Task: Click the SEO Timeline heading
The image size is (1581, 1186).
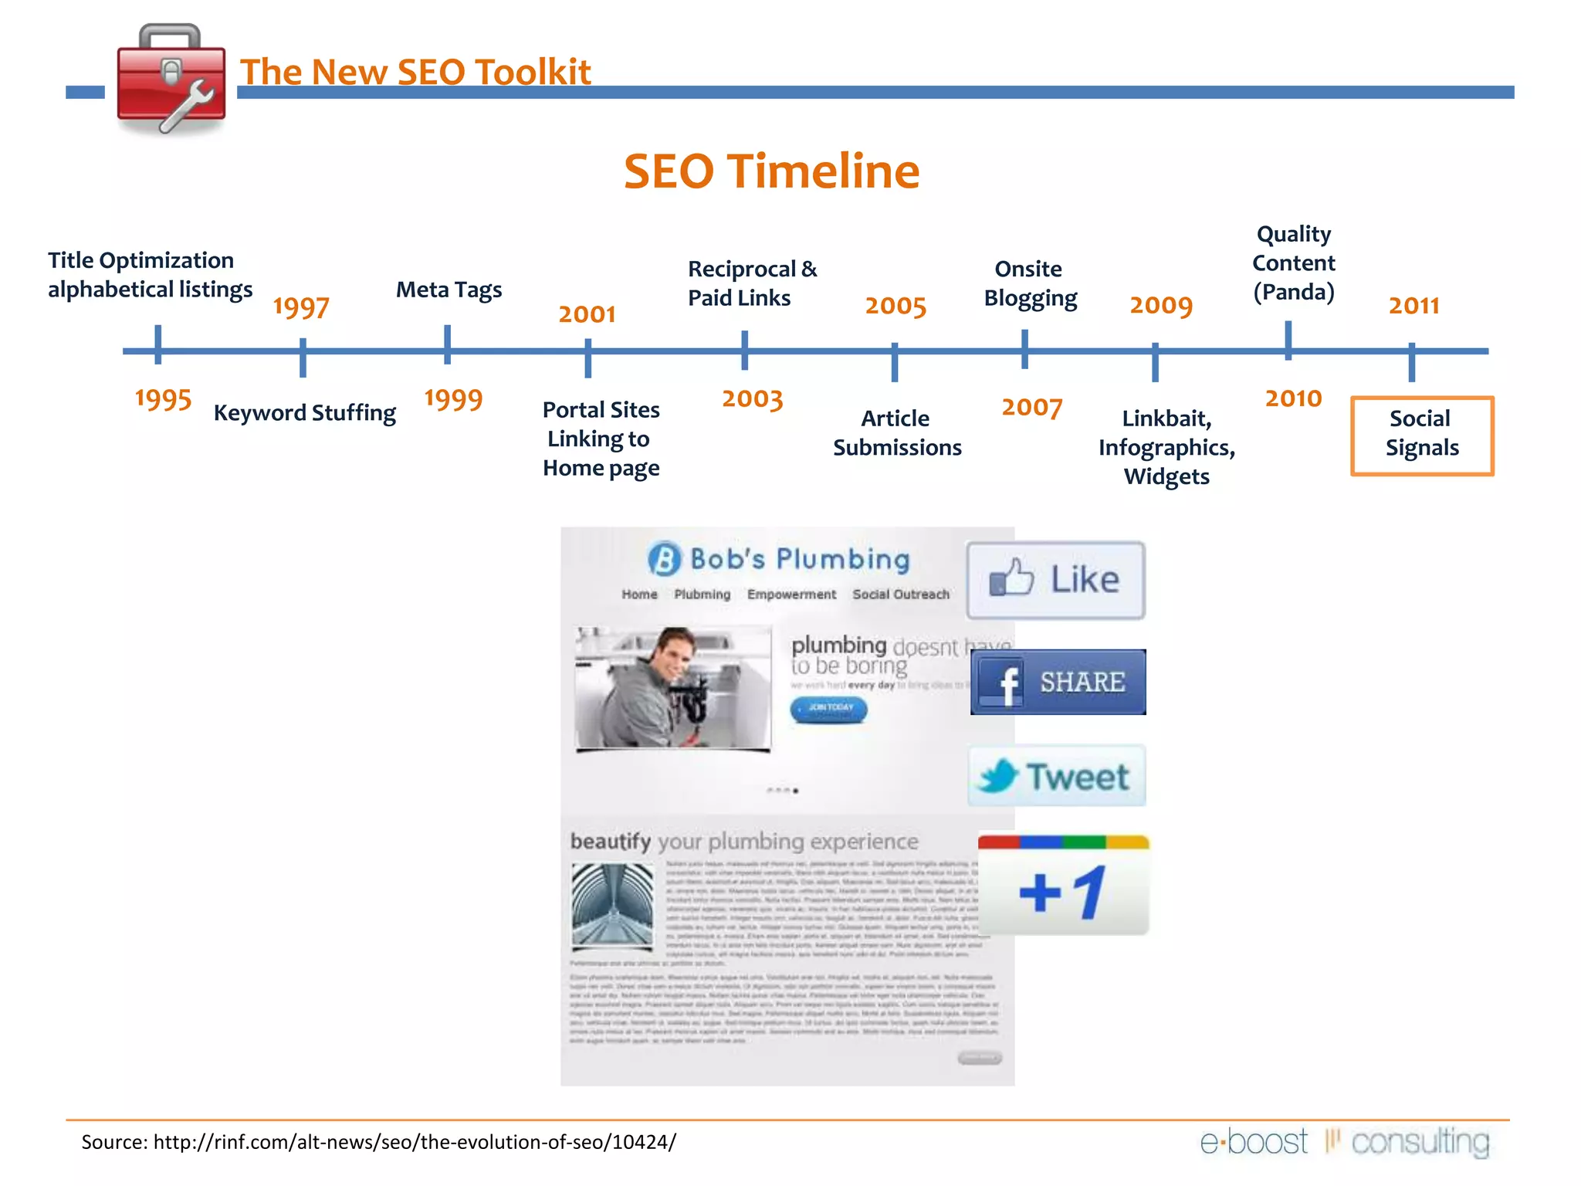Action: point(771,171)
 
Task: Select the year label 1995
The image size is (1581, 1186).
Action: point(163,399)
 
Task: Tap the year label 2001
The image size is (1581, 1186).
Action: point(587,314)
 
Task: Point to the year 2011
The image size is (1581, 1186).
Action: point(1413,306)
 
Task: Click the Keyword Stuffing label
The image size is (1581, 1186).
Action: point(304,413)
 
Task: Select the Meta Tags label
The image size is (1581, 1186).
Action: point(449,290)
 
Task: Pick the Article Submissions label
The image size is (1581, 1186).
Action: point(896,432)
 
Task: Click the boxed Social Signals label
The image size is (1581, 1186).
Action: point(1421,435)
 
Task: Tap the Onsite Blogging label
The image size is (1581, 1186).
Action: point(1030,283)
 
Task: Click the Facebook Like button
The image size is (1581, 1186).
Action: point(1055,580)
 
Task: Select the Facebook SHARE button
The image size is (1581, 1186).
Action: point(1058,683)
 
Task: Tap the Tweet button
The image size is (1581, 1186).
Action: point(1056,776)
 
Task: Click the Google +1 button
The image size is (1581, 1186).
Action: point(1063,888)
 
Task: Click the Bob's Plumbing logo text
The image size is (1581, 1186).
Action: point(799,559)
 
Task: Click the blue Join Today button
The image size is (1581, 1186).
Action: point(828,708)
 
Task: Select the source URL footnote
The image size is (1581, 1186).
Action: point(378,1142)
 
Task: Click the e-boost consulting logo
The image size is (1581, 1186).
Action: point(1344,1142)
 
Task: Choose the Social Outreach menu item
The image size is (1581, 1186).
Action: point(900,595)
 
